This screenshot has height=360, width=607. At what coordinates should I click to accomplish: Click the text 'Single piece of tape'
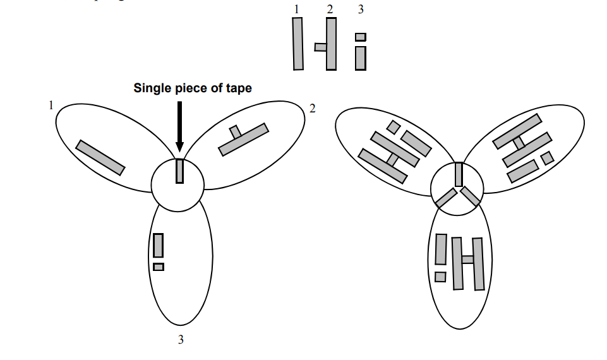(192, 88)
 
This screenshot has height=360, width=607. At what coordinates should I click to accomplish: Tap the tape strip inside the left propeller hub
(179, 171)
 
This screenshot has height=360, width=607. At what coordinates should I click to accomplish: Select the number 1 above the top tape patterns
(295, 9)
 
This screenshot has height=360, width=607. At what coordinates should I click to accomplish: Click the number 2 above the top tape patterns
(329, 9)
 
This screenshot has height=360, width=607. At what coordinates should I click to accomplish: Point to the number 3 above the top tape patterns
(361, 9)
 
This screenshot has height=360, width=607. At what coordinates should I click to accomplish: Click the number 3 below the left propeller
(181, 340)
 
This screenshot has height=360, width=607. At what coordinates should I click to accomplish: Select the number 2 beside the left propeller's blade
(312, 109)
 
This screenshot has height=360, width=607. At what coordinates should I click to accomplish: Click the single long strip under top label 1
(298, 44)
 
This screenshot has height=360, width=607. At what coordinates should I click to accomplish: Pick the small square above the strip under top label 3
(361, 37)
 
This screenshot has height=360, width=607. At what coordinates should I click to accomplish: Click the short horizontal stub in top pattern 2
(321, 47)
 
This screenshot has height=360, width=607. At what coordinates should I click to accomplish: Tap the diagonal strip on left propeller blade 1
(100, 157)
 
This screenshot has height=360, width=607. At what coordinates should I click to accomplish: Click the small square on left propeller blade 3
(159, 267)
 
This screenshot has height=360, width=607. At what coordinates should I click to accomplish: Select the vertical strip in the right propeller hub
(459, 174)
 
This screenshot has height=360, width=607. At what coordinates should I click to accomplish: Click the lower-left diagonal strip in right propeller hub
(446, 198)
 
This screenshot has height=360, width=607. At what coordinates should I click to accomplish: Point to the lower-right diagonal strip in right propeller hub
(471, 197)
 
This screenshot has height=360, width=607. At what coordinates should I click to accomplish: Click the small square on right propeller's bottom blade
(440, 277)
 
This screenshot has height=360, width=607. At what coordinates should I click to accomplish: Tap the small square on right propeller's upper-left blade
(393, 127)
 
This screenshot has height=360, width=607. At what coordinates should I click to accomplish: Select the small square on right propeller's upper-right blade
(547, 157)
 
